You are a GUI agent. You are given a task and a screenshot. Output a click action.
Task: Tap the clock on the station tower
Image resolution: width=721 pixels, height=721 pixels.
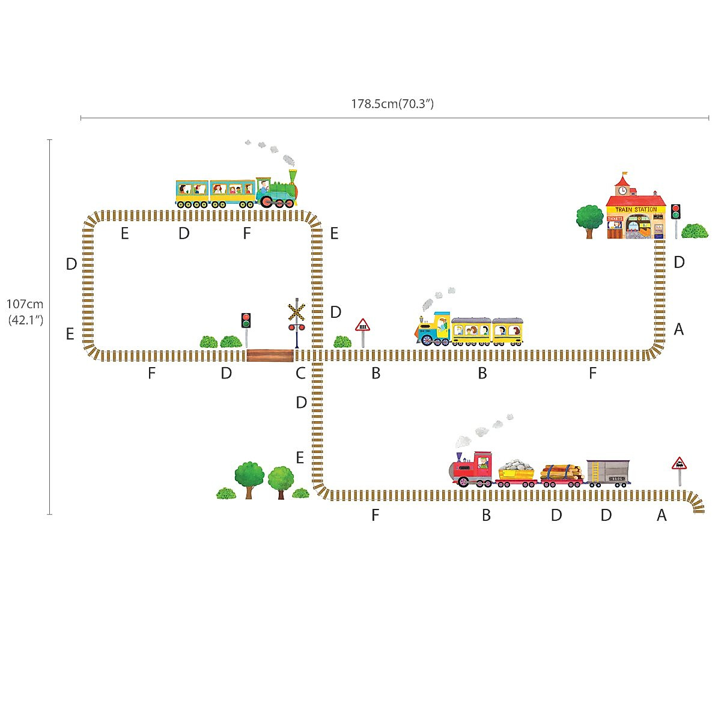coord(622,190)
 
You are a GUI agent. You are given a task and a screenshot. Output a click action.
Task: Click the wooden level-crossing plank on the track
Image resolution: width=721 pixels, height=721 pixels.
coord(270,355)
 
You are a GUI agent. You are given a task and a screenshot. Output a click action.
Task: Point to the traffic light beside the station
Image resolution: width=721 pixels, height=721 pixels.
coord(675,211)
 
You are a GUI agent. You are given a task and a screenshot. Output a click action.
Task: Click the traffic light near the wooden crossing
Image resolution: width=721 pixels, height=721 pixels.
coord(246,321)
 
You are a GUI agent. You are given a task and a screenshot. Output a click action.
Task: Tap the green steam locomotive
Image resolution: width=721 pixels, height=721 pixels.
coord(278,191)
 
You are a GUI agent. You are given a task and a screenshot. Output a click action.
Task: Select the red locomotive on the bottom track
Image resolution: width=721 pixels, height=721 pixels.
coord(472,469)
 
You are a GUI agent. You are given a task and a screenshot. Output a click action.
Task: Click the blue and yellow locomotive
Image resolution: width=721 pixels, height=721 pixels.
coord(434,330)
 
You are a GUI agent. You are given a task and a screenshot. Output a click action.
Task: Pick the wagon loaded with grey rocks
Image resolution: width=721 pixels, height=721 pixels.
coord(517,472)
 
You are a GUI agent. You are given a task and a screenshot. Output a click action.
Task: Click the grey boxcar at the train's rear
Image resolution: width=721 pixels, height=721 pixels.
coord(608,472)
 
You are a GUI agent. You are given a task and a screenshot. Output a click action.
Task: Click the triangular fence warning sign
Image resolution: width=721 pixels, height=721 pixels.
coord(362,326)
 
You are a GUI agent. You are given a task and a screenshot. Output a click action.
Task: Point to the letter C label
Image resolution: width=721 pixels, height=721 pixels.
coord(300,374)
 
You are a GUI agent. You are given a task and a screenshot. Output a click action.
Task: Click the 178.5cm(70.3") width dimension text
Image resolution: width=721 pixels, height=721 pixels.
coord(392,104)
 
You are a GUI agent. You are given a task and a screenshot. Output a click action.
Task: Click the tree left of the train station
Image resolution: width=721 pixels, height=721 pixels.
coord(589,219)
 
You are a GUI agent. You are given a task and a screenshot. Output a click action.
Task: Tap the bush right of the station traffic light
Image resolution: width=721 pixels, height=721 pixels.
coord(695,231)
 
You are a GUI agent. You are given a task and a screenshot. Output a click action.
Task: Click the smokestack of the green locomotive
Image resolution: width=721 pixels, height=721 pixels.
coord(293,176)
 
